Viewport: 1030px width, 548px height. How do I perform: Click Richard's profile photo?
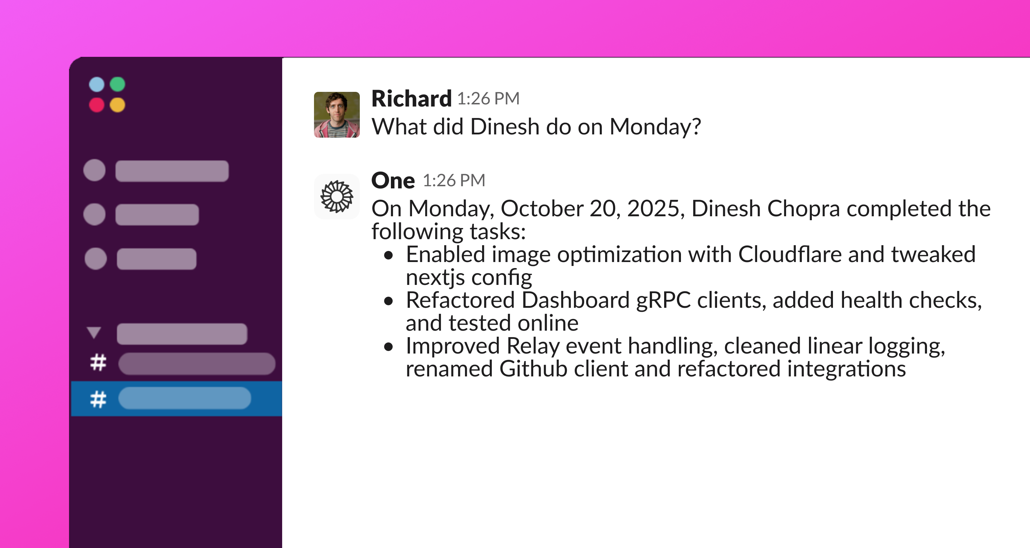pos(337,115)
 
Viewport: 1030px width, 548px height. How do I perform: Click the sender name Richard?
pos(411,98)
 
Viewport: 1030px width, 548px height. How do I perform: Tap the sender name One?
pos(393,180)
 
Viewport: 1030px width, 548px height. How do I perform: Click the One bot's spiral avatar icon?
pos(337,196)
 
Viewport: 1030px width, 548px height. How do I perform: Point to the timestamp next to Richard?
pos(488,99)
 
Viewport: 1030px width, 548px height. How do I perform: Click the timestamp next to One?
pos(454,181)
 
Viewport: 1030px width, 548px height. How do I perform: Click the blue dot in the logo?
pos(96,84)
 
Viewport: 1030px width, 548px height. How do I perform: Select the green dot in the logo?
pos(118,84)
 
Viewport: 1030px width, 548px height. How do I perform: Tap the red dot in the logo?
pos(96,105)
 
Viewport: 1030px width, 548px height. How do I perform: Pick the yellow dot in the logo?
pos(118,105)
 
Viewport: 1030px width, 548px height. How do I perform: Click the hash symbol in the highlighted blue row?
pos(98,399)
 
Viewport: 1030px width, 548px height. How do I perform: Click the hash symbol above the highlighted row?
pos(98,362)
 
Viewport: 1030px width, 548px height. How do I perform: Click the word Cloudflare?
pos(790,254)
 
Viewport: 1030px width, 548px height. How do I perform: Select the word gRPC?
pos(663,301)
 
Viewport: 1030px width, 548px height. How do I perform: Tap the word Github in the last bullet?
pos(533,369)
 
